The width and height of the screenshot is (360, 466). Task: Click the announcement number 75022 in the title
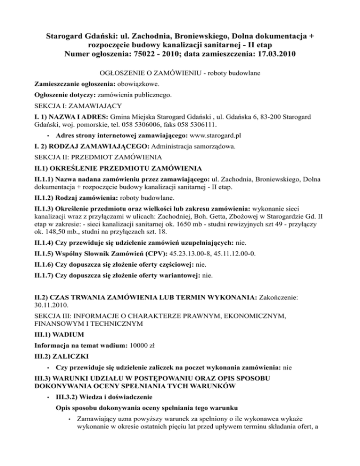click(x=152, y=55)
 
